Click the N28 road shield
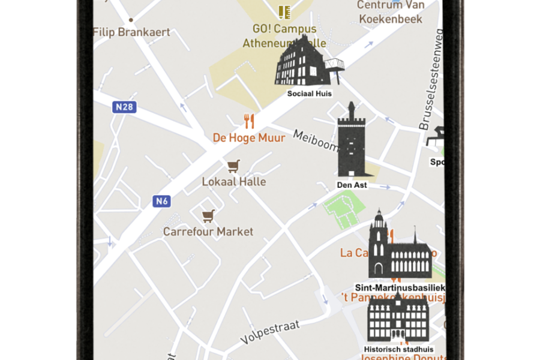click(124, 107)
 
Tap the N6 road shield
click(161, 201)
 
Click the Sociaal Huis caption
click(310, 94)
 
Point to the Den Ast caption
click(352, 185)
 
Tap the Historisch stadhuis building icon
click(398, 318)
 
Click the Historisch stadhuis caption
click(398, 349)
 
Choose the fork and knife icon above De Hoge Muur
click(249, 121)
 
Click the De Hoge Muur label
click(249, 138)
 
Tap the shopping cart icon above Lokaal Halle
click(233, 166)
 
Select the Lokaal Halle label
click(233, 181)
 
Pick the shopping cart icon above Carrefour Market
click(208, 216)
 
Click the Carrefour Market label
click(208, 232)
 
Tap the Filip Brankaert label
click(132, 32)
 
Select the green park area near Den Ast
click(344, 211)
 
